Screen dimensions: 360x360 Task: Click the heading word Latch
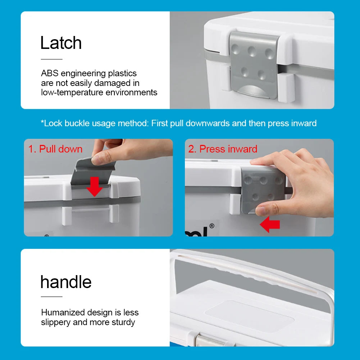61,43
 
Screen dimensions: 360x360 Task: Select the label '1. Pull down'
55,149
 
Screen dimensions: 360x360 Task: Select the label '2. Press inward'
223,149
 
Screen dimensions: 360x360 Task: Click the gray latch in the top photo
254,65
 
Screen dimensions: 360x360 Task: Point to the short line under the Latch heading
51,59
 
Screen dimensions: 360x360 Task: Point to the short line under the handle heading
51,297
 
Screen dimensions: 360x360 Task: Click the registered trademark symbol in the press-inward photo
212,226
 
